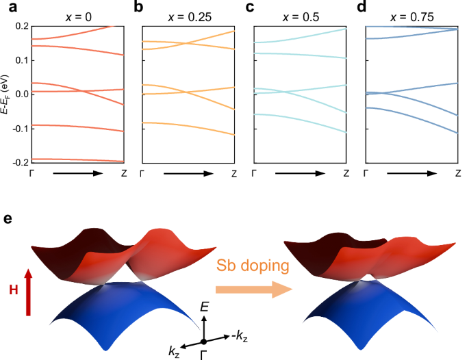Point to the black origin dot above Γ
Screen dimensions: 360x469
click(203, 342)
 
